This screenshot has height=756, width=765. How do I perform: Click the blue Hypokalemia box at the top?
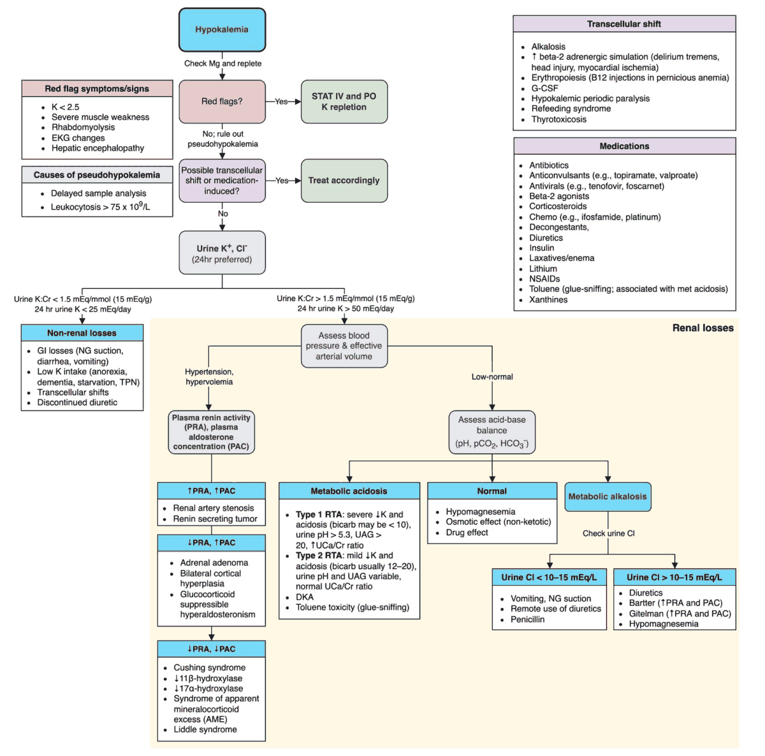222,30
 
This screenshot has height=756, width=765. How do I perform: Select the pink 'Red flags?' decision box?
222,101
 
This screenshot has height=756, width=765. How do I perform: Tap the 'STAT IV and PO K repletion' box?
344,101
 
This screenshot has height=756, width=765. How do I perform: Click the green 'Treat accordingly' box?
344,181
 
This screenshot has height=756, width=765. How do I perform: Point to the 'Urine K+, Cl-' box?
222,253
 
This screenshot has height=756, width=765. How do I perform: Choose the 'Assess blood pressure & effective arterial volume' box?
344,346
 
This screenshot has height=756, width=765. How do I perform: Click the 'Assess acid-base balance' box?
492,431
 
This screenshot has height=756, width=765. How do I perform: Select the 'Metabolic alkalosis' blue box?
608,496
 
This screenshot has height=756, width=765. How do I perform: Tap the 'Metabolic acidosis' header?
349,491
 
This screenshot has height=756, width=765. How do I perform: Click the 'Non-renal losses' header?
82,333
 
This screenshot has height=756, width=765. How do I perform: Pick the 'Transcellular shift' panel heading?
624,24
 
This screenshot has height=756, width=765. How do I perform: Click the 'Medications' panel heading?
624,146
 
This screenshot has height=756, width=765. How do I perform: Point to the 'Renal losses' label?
703,328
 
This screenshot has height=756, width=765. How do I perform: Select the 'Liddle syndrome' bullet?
205,729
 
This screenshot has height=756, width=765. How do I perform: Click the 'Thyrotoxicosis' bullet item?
559,119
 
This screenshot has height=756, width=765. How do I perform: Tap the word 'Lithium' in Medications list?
543,269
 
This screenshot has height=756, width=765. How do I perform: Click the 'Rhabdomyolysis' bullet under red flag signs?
84,128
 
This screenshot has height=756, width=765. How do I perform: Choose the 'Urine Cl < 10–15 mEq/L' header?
549,577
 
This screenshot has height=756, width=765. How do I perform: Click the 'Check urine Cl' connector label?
608,533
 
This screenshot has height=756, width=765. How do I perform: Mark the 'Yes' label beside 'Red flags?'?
281,101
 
